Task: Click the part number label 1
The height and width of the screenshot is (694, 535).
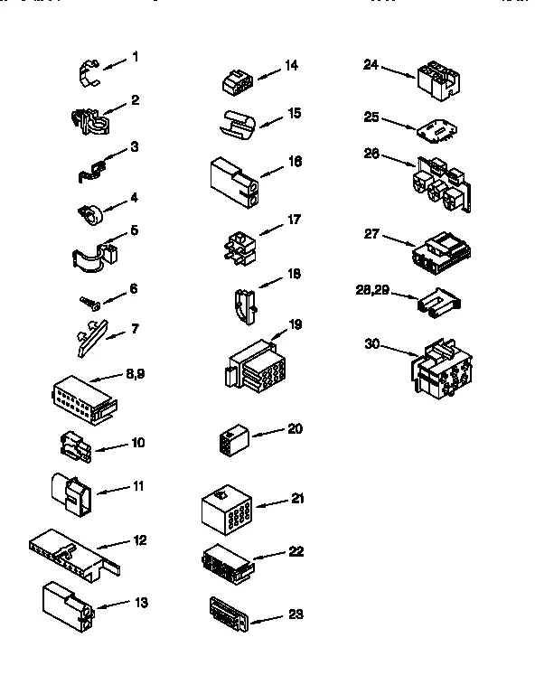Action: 135,57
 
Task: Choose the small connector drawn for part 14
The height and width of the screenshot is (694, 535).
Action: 238,82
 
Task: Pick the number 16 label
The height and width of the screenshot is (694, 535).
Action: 295,162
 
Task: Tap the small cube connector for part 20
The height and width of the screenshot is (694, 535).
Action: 231,440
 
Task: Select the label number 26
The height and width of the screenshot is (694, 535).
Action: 372,153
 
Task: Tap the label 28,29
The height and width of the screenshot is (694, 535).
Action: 374,290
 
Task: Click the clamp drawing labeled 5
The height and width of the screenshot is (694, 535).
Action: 94,252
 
